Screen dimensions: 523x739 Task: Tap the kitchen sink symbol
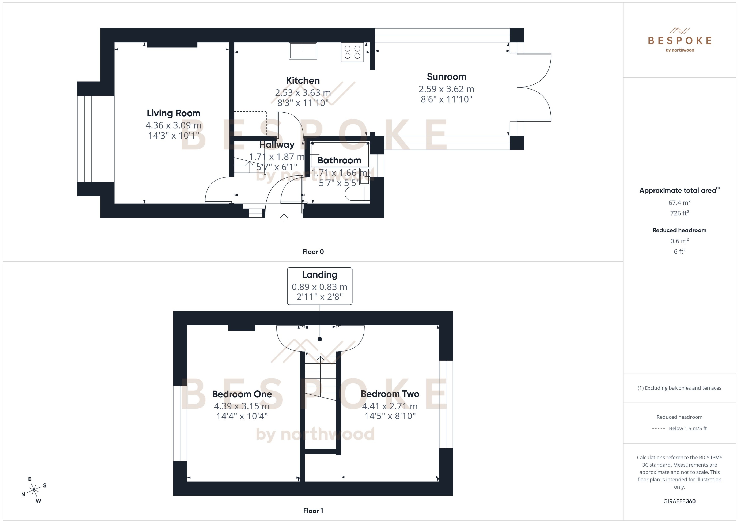click(x=303, y=51)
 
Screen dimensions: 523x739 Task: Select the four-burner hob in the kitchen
click(x=352, y=52)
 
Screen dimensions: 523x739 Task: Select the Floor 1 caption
click(x=313, y=511)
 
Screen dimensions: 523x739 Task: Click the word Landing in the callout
click(x=319, y=275)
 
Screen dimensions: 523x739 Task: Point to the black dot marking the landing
click(x=320, y=339)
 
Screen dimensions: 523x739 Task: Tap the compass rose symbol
click(x=34, y=490)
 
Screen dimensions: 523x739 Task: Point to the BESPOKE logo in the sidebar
click(x=679, y=41)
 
